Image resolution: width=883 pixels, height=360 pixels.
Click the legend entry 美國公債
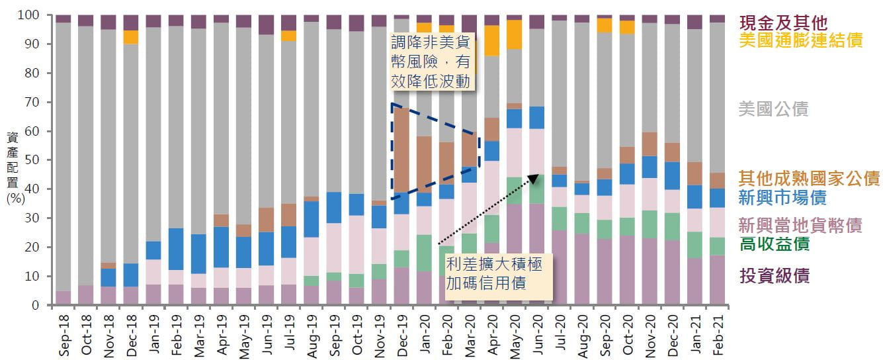[x=773, y=109]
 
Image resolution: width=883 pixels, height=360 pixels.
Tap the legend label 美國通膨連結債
[x=800, y=40]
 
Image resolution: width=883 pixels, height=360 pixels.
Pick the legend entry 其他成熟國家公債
[x=809, y=178]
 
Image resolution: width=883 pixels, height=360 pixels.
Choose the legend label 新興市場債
[x=782, y=197]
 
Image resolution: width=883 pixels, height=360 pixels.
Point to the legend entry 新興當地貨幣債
[x=800, y=225]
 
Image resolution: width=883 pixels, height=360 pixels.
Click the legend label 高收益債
[x=774, y=244]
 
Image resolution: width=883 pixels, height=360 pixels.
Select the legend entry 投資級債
[x=774, y=275]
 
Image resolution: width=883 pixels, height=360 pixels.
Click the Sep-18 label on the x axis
[x=64, y=336]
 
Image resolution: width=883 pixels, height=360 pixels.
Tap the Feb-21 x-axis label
[x=718, y=336]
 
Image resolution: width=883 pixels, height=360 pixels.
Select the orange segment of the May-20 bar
[x=514, y=34]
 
